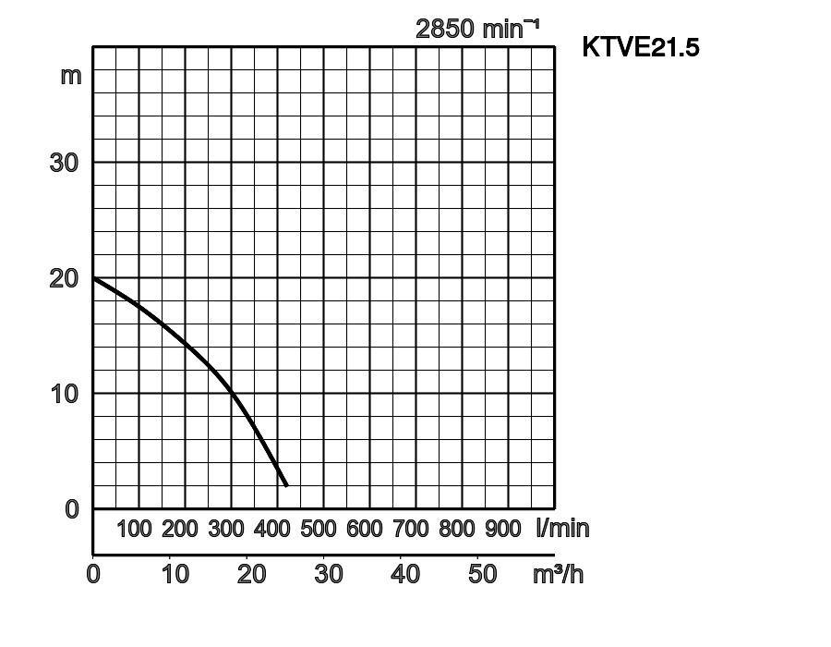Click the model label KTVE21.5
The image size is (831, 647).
click(x=640, y=47)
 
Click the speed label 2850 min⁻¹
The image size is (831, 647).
click(x=476, y=29)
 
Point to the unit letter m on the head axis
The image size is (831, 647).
click(x=71, y=76)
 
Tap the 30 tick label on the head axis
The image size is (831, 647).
click(x=64, y=163)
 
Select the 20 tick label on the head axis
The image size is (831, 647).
click(x=64, y=278)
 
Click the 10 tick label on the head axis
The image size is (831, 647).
click(x=64, y=394)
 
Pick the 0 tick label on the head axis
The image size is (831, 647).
click(x=72, y=509)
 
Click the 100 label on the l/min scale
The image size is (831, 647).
click(x=134, y=530)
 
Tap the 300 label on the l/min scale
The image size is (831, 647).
click(x=226, y=530)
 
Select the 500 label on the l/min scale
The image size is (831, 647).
click(x=319, y=530)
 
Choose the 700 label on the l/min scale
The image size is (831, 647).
click(x=411, y=530)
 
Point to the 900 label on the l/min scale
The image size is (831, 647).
click(x=503, y=530)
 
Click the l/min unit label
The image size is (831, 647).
click(x=562, y=529)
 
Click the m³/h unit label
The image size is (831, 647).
click(x=558, y=574)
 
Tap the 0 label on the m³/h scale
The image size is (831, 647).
click(x=93, y=574)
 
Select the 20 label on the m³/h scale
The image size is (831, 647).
click(x=251, y=574)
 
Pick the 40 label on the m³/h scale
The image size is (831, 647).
click(x=405, y=574)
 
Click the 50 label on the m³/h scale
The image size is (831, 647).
click(x=483, y=574)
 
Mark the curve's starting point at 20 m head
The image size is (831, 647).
click(x=94, y=278)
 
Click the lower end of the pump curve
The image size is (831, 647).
click(x=286, y=484)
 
